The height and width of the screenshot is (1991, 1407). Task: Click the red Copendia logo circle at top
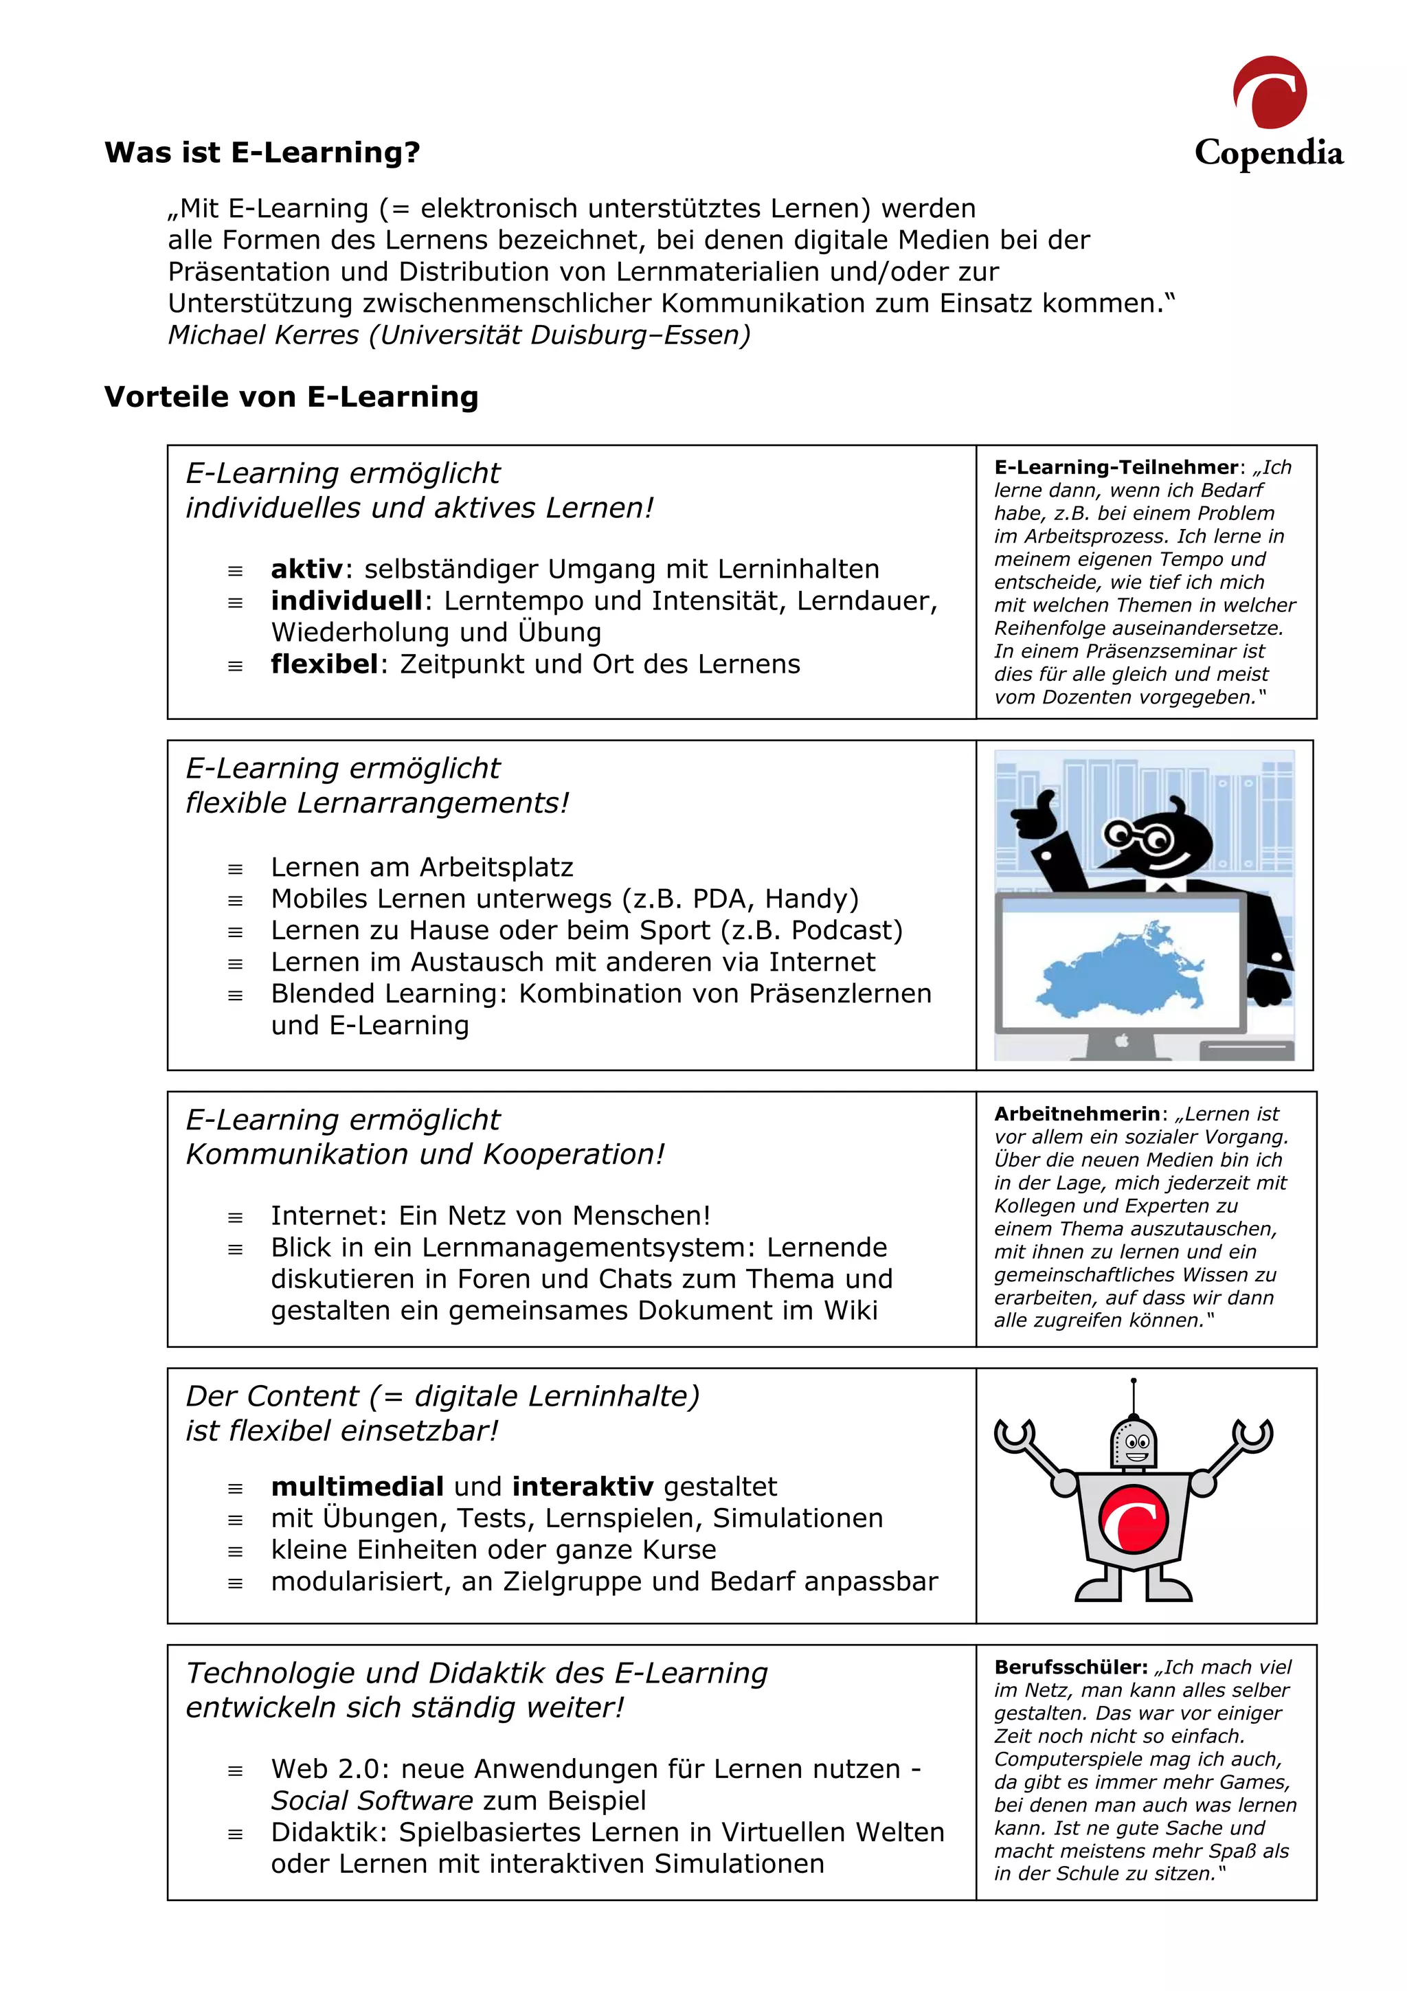[1269, 93]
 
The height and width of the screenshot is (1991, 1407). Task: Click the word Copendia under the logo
[1268, 153]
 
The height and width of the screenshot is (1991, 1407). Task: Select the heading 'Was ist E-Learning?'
[262, 153]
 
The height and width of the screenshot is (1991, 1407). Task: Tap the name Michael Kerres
[262, 335]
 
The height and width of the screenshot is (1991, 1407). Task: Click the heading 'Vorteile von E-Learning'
[291, 397]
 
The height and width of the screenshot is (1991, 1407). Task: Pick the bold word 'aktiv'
[307, 570]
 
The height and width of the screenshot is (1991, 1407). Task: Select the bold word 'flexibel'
[324, 664]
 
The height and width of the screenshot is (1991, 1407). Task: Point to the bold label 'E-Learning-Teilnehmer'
[1116, 467]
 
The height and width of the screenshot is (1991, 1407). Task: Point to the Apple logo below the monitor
[1122, 1039]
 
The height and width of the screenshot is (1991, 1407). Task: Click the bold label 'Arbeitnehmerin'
[1077, 1114]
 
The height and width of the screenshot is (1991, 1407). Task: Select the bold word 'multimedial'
[357, 1487]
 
